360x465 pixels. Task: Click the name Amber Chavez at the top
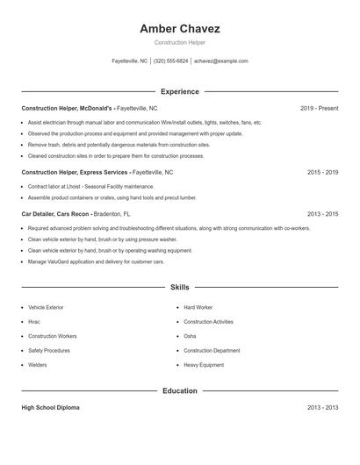[x=179, y=28]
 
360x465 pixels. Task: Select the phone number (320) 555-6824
[x=170, y=61]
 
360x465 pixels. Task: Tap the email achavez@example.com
[x=221, y=61]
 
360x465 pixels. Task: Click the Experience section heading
[x=179, y=91]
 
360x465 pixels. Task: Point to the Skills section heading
[x=179, y=287]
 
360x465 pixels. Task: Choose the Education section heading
[x=179, y=390]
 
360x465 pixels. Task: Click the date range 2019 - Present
[x=319, y=108]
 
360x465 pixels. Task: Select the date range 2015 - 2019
[x=322, y=173]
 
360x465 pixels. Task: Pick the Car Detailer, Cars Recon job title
[x=56, y=213]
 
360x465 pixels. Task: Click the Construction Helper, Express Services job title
[x=75, y=173]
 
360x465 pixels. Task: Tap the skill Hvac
[x=34, y=322]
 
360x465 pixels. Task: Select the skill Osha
[x=190, y=336]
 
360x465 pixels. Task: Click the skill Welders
[x=38, y=364]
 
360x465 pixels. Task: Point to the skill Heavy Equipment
[x=204, y=364]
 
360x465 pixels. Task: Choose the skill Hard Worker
[x=198, y=308]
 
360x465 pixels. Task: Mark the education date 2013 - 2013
[x=322, y=408]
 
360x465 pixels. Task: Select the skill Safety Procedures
[x=49, y=350]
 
